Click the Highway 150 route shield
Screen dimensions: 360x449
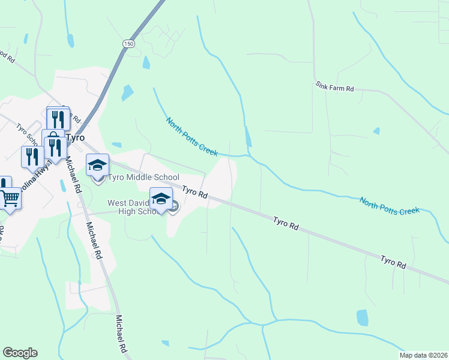click(x=128, y=44)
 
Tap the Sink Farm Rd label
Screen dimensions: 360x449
click(x=335, y=87)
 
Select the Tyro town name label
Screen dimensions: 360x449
click(x=75, y=137)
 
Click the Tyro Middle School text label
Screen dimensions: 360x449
click(x=143, y=177)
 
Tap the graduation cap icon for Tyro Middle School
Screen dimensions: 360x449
click(x=98, y=164)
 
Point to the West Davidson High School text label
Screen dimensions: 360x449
click(x=136, y=206)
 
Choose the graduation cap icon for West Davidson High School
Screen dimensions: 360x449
click(x=161, y=198)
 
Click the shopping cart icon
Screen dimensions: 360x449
click(x=10, y=197)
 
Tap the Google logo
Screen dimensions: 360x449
click(x=20, y=353)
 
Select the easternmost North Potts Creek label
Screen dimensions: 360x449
click(x=389, y=205)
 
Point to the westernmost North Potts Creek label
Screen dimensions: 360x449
click(x=191, y=137)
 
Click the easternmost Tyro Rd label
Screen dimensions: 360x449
click(x=393, y=261)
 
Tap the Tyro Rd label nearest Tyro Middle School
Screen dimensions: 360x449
click(x=194, y=193)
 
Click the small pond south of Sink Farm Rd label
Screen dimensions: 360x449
click(x=376, y=131)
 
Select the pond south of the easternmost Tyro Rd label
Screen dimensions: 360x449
click(x=363, y=317)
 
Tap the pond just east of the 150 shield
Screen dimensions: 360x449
click(x=146, y=62)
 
